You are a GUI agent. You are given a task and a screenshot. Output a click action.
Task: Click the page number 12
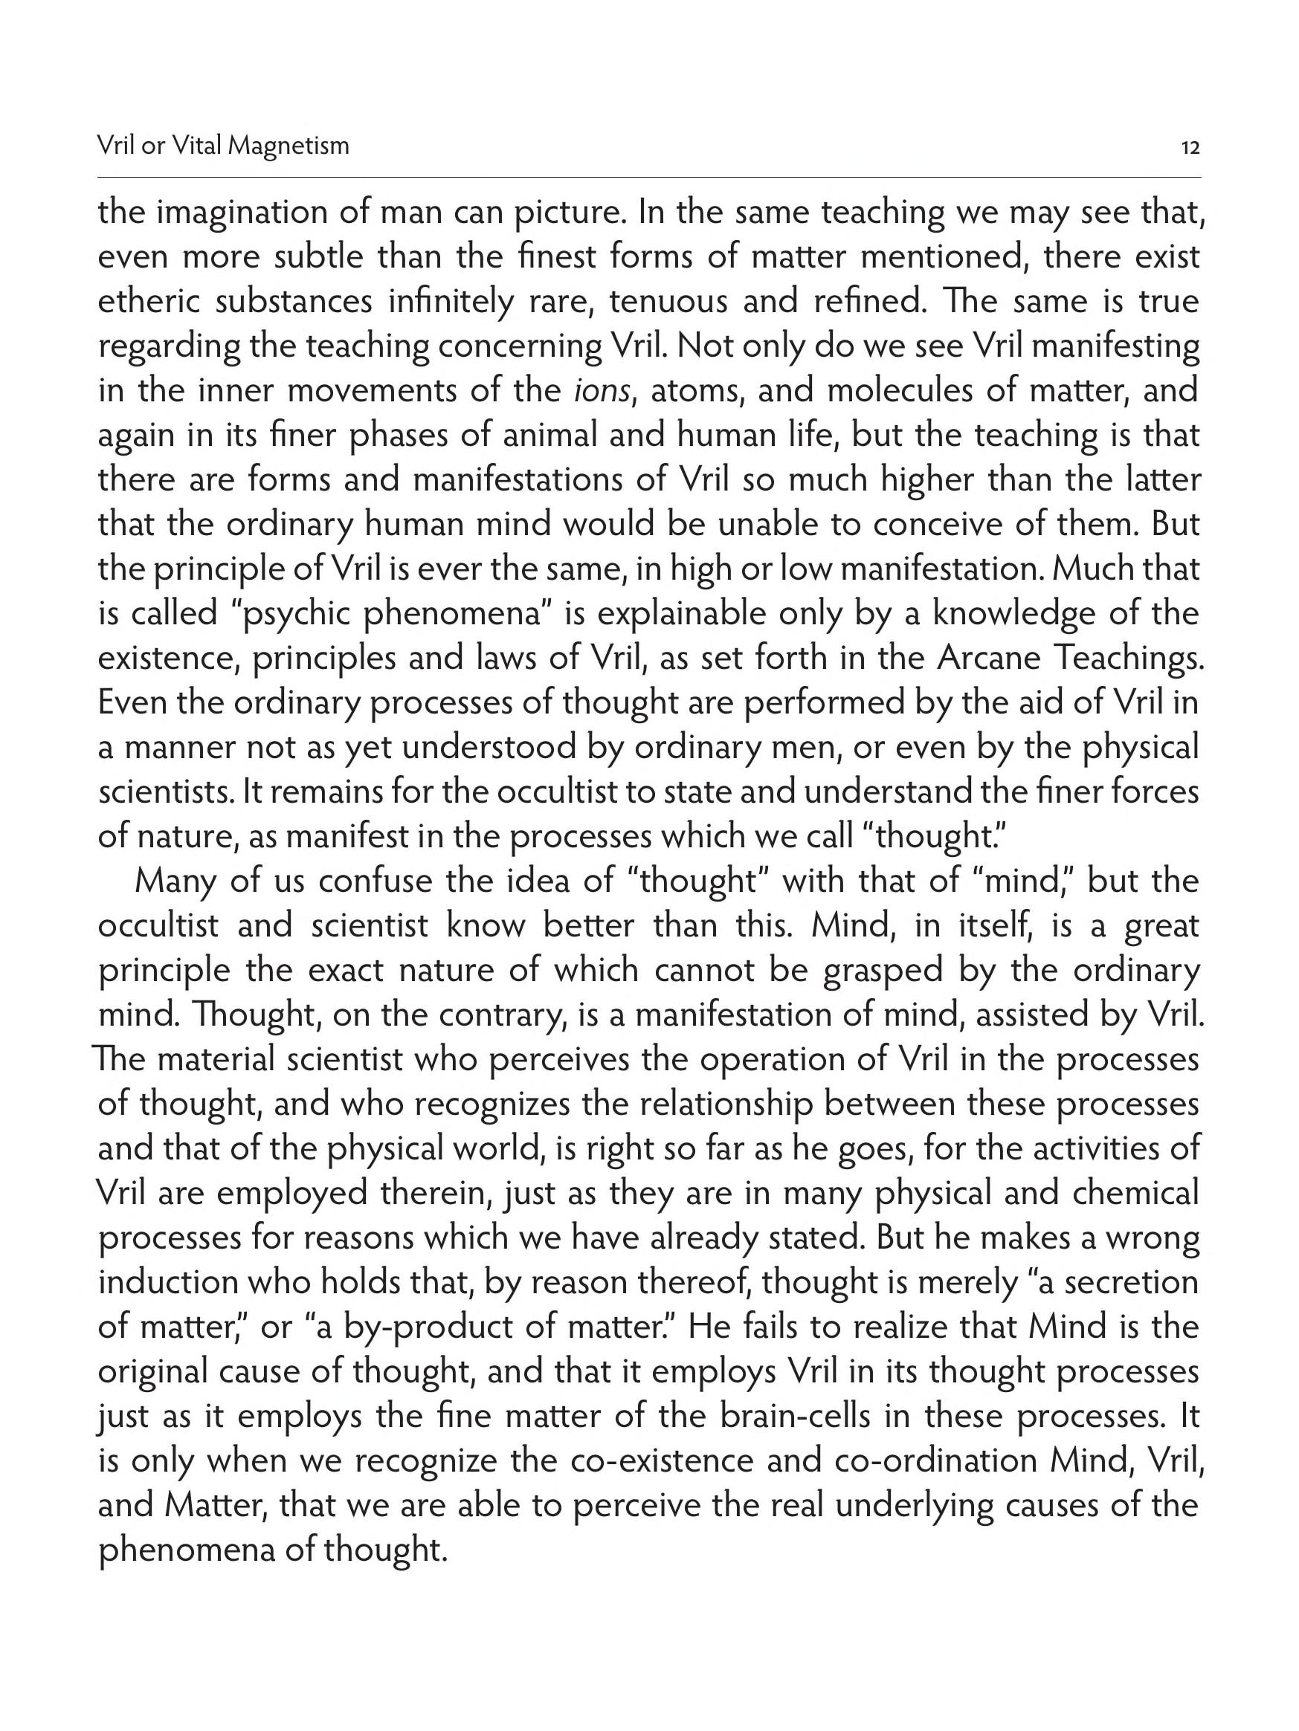1190,147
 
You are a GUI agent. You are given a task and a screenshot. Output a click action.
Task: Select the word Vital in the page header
196,146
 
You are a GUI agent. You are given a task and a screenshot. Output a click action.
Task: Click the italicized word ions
602,391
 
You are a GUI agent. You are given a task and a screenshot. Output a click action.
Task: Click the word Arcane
987,659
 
